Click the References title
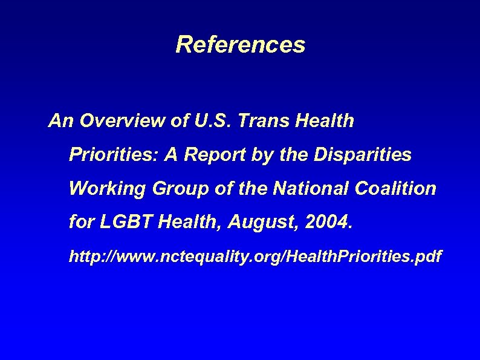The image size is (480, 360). [x=240, y=45]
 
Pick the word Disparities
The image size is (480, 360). [x=363, y=155]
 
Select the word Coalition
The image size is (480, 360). [x=396, y=189]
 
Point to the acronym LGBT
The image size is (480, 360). [x=125, y=223]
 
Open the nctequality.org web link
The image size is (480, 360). [x=255, y=257]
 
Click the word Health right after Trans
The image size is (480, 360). [x=325, y=122]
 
